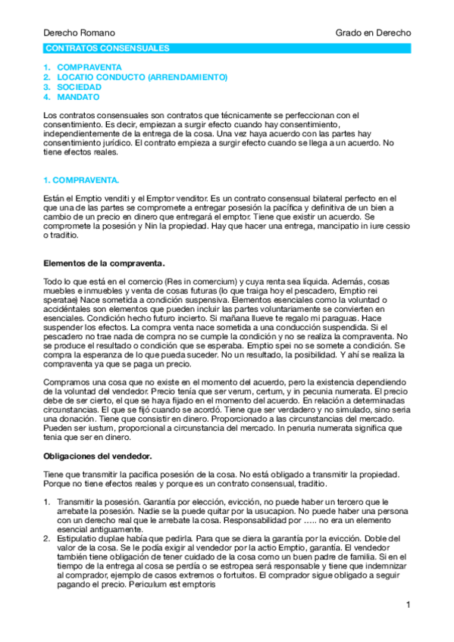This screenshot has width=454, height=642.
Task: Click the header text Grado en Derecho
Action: pyautogui.click(x=374, y=33)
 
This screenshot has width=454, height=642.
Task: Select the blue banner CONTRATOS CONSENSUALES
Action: pyautogui.click(x=108, y=48)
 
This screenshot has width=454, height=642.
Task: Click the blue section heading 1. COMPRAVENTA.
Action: pyautogui.click(x=81, y=180)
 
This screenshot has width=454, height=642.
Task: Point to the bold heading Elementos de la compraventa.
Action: pyautogui.click(x=104, y=263)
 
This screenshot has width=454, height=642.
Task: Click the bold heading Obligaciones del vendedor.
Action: pyautogui.click(x=98, y=457)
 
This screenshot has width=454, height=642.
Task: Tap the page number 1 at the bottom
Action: pyautogui.click(x=408, y=604)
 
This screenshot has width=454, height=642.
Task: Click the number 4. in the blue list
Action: pyautogui.click(x=47, y=97)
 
